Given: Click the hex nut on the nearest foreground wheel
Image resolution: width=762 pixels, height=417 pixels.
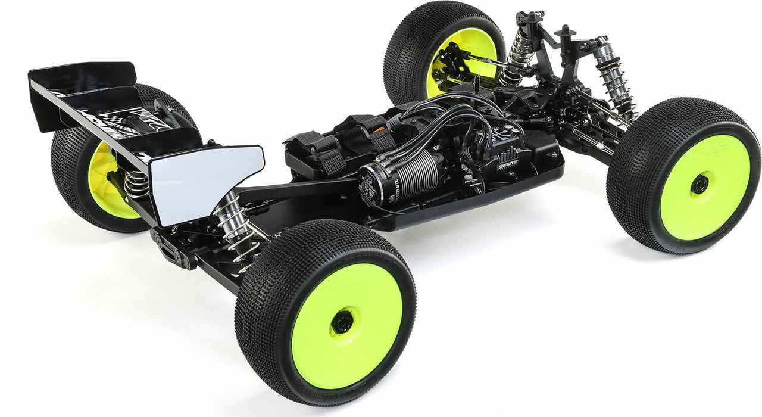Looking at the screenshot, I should click(x=342, y=322).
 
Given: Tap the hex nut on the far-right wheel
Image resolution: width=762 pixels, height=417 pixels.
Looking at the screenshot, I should click(x=699, y=184).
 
